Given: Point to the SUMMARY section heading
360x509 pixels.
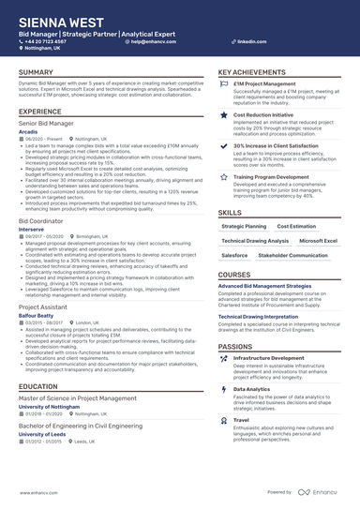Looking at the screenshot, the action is click(x=36, y=72).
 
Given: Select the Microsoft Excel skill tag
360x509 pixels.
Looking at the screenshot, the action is click(x=318, y=241).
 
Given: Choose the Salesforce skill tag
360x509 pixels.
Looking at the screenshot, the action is click(x=235, y=255).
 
